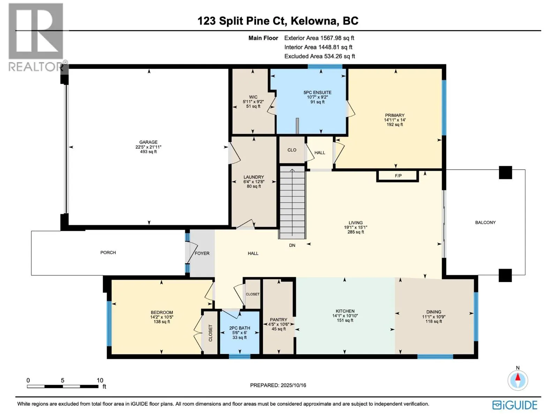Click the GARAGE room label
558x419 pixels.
148,142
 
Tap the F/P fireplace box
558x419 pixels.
398,176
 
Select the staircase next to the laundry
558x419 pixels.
292,203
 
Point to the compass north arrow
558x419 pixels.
518,381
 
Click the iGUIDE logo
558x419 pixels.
515,405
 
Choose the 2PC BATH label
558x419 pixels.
240,328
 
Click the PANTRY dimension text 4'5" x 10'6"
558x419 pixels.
279,324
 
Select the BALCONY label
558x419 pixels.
485,222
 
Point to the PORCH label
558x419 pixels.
108,252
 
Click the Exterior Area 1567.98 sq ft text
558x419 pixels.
319,38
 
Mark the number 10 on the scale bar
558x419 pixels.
100,380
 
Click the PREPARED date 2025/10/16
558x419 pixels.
293,385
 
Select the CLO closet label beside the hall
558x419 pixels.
292,150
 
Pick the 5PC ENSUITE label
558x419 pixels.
317,93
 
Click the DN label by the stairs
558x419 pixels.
292,245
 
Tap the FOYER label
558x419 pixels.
202,253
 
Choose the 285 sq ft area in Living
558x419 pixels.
356,232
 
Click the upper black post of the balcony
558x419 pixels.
505,172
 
